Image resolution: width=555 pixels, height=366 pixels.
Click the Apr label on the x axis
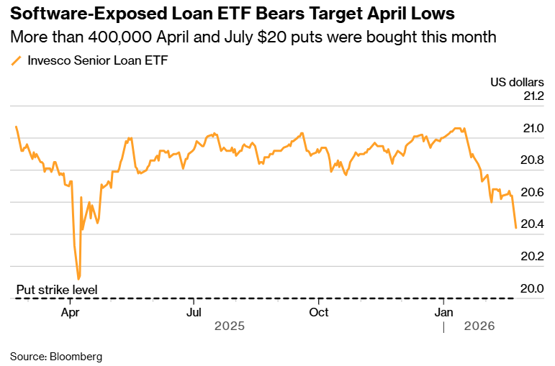(70, 312)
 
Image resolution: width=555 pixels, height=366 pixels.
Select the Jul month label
(194, 312)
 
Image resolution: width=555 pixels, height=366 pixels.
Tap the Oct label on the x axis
(319, 312)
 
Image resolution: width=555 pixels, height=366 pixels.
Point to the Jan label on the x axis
(444, 312)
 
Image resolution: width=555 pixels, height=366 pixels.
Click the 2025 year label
(230, 326)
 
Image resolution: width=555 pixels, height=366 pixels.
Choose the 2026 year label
(479, 326)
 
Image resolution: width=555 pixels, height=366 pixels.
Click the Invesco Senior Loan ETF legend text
(97, 61)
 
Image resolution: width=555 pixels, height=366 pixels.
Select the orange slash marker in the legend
(17, 62)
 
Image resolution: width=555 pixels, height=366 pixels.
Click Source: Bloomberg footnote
(56, 356)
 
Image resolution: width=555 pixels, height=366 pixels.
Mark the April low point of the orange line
(78, 278)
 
